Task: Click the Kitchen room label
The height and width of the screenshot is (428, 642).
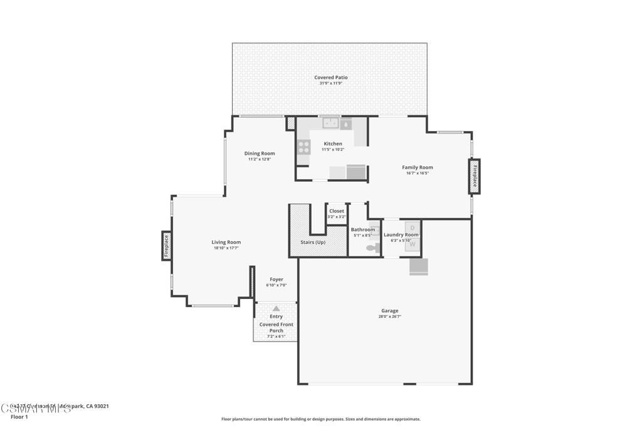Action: pos(332,144)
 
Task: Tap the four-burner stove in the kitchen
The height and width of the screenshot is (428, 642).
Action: pos(304,147)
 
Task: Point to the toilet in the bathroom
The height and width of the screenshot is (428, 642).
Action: pos(372,248)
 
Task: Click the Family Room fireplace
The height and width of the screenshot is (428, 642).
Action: pos(475,176)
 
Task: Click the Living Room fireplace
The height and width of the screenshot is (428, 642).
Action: pos(166,246)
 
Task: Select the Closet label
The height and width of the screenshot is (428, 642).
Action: pos(337,211)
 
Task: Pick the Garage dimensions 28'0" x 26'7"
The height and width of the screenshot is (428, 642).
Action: pos(390,316)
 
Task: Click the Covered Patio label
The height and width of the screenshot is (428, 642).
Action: pos(330,77)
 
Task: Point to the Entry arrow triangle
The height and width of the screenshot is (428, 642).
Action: pos(276,308)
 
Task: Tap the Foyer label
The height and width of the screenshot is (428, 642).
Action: pos(276,279)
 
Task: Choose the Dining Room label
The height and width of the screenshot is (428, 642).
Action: pos(260,154)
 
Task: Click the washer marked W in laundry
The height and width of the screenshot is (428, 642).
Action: pos(412,244)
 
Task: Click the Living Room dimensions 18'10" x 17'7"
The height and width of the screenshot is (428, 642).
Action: pos(226,248)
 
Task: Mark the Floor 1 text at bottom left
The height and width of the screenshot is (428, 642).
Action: pos(19,417)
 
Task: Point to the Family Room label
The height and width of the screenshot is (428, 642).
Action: pos(418,167)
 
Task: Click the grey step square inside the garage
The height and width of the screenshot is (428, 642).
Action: pos(418,266)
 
